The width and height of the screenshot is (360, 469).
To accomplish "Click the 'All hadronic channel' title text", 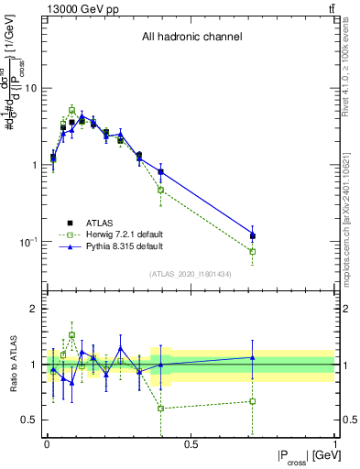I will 191,38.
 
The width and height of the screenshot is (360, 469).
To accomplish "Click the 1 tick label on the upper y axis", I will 34,165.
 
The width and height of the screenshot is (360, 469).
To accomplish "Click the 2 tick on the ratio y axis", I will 34,309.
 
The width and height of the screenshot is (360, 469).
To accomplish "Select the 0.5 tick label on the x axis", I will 191,445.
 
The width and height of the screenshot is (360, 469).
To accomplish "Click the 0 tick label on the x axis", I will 47,445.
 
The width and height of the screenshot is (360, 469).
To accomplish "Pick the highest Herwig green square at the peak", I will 71,110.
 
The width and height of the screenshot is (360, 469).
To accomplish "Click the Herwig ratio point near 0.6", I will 161,408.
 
